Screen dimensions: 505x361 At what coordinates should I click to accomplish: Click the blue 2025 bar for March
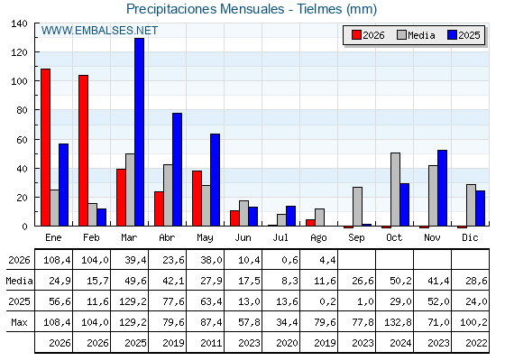click(140, 132)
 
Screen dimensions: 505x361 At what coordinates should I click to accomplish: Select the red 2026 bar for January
click(45, 147)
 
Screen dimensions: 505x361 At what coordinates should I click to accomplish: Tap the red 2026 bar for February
click(83, 151)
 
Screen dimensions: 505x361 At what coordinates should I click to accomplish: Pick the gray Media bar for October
click(396, 190)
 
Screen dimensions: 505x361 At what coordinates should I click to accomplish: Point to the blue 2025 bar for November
click(442, 188)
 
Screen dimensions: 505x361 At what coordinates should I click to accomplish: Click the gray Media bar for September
click(357, 207)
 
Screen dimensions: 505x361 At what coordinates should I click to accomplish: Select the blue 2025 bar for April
click(177, 170)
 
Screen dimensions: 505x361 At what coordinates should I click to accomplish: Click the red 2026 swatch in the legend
click(356, 35)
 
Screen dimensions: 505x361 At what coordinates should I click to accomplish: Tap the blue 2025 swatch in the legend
click(452, 35)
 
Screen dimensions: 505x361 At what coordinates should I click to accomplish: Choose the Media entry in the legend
click(416, 35)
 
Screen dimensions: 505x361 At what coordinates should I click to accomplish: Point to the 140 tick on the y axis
click(19, 23)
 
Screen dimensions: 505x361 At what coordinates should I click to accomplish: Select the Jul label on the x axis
click(280, 237)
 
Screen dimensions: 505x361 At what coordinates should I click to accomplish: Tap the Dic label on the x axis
click(470, 237)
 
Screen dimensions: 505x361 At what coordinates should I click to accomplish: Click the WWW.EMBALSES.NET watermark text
click(99, 31)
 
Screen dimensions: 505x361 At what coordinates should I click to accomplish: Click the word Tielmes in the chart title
click(319, 9)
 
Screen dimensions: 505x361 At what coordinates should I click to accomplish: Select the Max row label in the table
click(19, 322)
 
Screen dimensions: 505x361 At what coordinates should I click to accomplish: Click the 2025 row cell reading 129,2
click(133, 301)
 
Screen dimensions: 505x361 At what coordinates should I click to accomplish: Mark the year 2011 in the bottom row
click(211, 343)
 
